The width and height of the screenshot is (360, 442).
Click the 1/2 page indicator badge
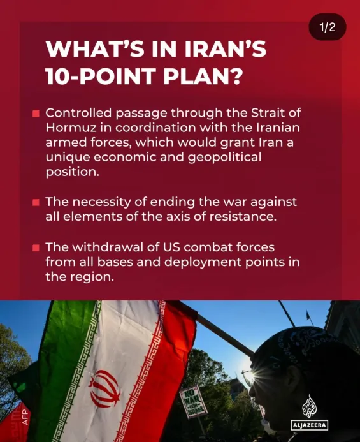(x=328, y=27)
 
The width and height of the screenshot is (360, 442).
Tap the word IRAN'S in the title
(x=226, y=49)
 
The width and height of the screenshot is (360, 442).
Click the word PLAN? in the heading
(x=203, y=76)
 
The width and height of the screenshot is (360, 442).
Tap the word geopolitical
(x=224, y=158)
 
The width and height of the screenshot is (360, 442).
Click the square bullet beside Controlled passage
(x=36, y=114)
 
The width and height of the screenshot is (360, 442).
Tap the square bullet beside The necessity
(x=36, y=202)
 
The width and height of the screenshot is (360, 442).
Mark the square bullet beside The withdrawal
(x=36, y=247)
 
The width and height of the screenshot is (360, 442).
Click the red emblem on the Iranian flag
(x=104, y=388)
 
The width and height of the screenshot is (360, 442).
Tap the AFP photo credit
(x=25, y=417)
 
